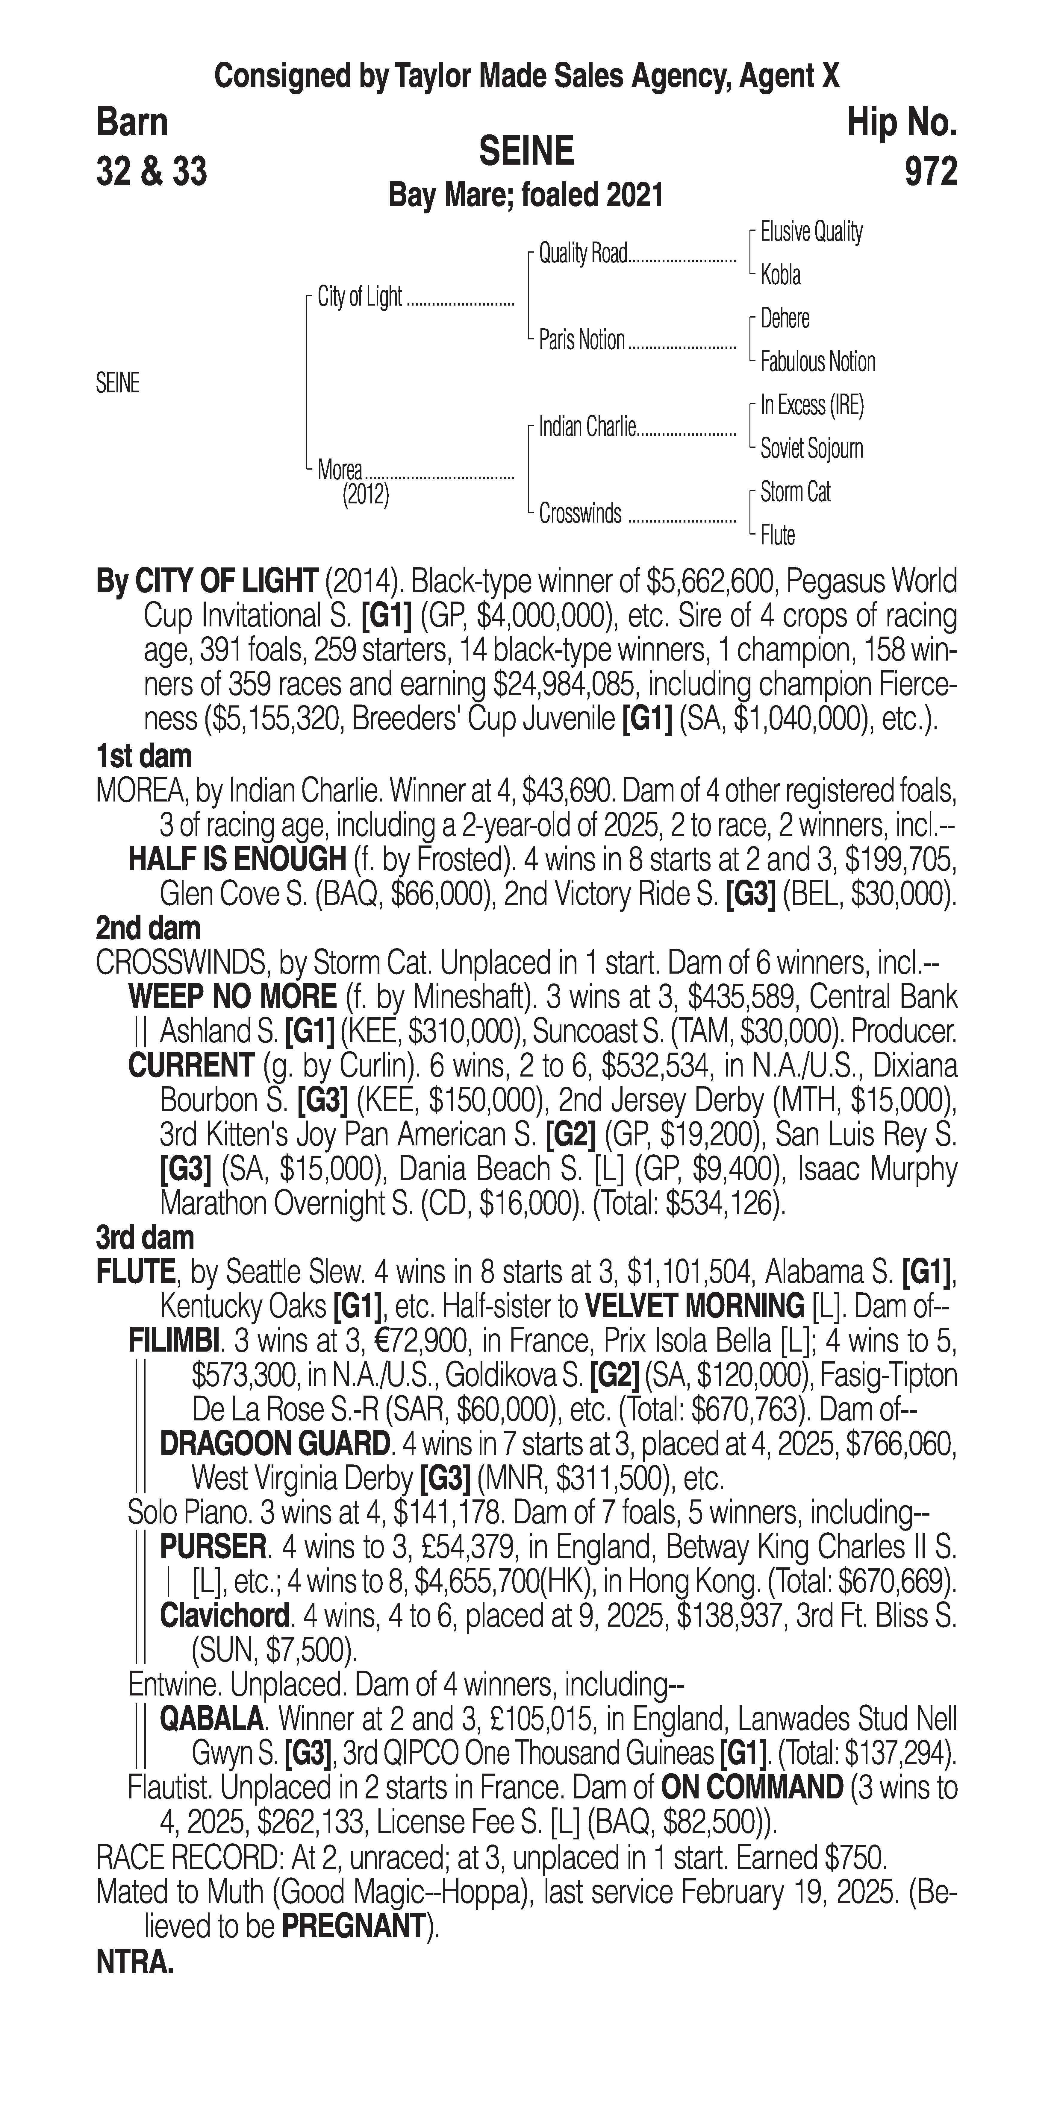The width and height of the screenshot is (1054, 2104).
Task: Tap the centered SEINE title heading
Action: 526,151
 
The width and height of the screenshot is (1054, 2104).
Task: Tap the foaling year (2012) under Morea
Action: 365,495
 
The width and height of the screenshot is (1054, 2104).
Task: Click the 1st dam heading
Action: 144,756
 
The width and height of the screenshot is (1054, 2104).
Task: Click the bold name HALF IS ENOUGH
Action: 237,859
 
